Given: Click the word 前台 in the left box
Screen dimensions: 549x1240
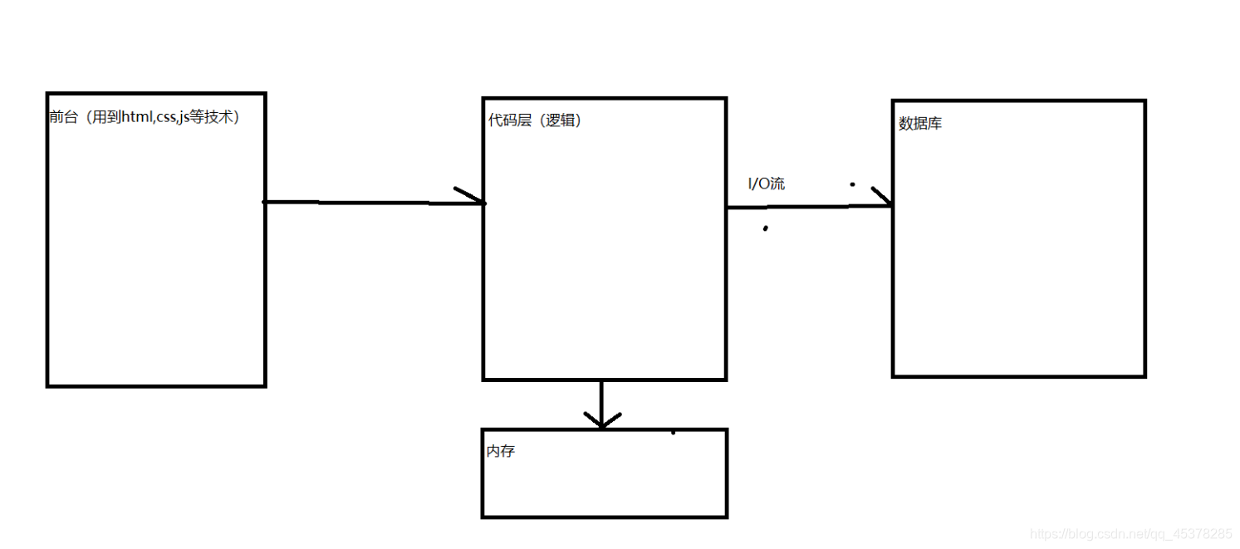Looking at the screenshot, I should tap(62, 117).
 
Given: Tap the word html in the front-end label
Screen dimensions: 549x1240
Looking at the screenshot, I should tap(136, 117).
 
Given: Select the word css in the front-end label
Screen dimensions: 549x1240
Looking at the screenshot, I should tap(166, 117).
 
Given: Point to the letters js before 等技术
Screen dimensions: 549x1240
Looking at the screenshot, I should tap(184, 118).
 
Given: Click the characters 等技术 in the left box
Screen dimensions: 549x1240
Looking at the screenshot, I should tap(211, 117).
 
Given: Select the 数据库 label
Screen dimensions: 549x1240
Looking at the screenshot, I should tap(920, 124).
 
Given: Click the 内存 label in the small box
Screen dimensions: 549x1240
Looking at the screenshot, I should tap(501, 452).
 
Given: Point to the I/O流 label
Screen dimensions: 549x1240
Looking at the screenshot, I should tap(767, 184).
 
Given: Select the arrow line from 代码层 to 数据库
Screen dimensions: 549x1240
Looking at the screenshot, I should tap(797, 207).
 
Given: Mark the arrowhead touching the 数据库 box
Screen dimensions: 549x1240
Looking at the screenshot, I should tap(884, 199).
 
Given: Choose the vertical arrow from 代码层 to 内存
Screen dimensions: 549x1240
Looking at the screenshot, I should tap(600, 399).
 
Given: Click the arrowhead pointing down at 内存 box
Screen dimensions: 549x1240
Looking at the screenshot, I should tap(601, 420).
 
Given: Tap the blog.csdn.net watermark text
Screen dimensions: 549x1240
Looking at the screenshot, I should tap(1130, 533).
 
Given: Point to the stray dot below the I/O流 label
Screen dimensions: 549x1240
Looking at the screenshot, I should tap(765, 228).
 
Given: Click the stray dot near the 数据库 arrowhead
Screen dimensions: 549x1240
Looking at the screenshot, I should tap(852, 184).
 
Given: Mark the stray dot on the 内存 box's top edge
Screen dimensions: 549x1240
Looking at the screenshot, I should tap(673, 432).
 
